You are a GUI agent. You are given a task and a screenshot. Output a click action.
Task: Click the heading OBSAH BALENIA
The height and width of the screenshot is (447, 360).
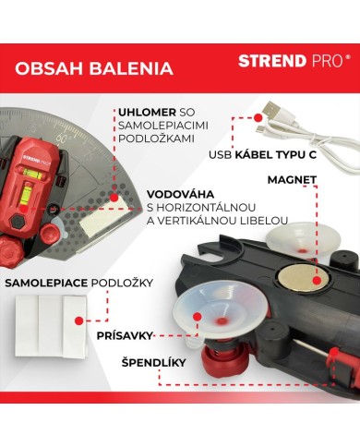94,67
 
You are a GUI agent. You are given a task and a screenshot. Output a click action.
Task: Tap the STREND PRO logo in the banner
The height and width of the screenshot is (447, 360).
294,61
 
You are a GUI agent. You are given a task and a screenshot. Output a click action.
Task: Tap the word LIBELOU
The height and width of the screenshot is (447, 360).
263,220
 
